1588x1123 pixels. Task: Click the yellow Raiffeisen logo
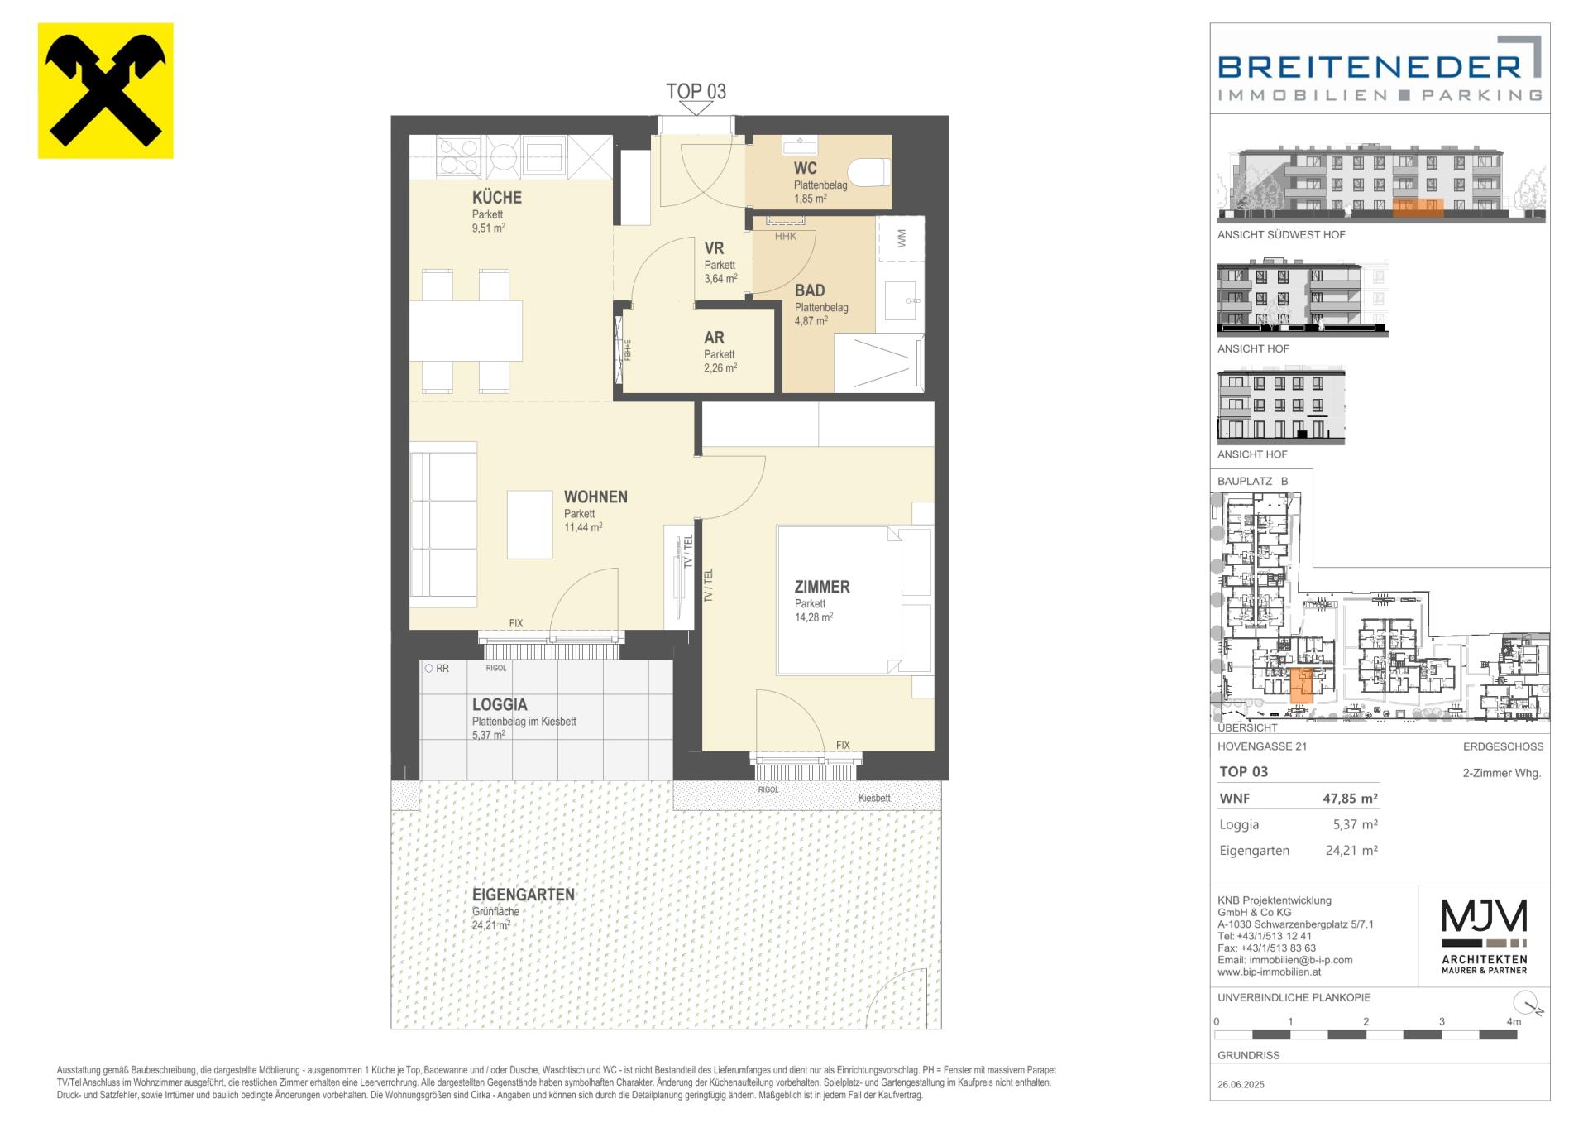pyautogui.click(x=106, y=91)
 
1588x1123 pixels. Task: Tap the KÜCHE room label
pyautogui.click(x=497, y=198)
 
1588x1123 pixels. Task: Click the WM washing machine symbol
pyautogui.click(x=901, y=239)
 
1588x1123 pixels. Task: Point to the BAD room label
pyautogui.click(x=810, y=290)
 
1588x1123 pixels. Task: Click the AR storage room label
pyautogui.click(x=714, y=338)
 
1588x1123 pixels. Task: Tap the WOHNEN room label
pyautogui.click(x=595, y=497)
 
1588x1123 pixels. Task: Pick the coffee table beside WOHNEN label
pyautogui.click(x=529, y=525)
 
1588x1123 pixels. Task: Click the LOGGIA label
pyautogui.click(x=500, y=705)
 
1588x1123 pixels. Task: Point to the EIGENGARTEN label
pyautogui.click(x=524, y=895)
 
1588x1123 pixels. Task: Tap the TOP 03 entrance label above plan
pyautogui.click(x=696, y=91)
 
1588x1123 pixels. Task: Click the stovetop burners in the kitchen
pyautogui.click(x=457, y=156)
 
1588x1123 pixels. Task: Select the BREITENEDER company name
pyautogui.click(x=1370, y=67)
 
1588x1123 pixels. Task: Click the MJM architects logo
pyautogui.click(x=1485, y=935)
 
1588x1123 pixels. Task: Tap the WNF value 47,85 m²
pyautogui.click(x=1350, y=799)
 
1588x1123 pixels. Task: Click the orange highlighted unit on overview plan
pyautogui.click(x=1302, y=685)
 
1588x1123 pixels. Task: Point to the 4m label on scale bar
pyautogui.click(x=1514, y=1022)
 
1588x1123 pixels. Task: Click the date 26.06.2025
pyautogui.click(x=1241, y=1085)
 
